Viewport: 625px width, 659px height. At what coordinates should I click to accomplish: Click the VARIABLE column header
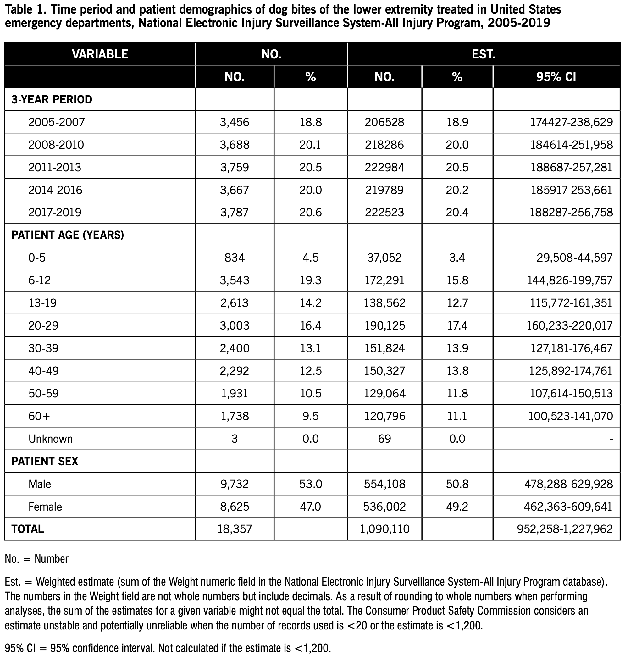[100, 54]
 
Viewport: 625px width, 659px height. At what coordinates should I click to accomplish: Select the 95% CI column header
[556, 77]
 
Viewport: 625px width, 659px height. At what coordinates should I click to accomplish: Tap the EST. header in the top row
[484, 54]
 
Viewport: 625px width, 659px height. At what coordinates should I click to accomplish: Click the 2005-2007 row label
[57, 122]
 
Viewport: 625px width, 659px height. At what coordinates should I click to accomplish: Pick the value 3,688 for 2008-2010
[235, 145]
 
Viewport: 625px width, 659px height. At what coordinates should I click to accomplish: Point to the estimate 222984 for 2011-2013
[384, 167]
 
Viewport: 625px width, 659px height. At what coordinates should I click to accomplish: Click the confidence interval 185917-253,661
[571, 190]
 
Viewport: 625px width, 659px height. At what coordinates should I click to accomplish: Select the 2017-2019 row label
[55, 213]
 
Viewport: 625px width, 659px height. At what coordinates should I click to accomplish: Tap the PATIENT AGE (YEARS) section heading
[68, 235]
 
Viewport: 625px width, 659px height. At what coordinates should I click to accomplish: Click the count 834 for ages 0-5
[235, 258]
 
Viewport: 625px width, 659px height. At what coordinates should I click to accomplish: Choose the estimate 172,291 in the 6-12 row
[384, 280]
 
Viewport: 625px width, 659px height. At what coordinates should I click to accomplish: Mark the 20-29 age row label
[43, 325]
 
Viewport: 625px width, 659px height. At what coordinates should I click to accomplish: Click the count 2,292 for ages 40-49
[235, 371]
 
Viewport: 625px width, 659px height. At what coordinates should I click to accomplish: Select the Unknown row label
[51, 439]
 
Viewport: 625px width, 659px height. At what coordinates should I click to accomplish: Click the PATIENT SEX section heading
[45, 462]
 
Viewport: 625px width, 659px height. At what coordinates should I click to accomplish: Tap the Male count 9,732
[235, 484]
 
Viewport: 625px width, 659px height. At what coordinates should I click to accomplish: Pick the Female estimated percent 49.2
[457, 507]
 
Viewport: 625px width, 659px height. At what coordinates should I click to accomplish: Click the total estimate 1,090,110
[384, 529]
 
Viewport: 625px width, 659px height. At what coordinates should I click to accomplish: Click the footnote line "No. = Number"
[37, 559]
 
